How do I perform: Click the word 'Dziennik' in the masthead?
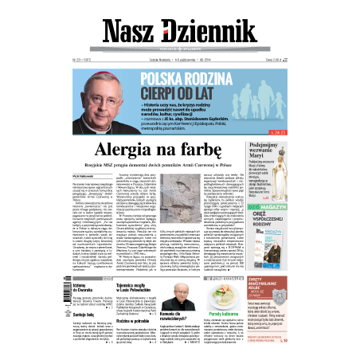point(212,29)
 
